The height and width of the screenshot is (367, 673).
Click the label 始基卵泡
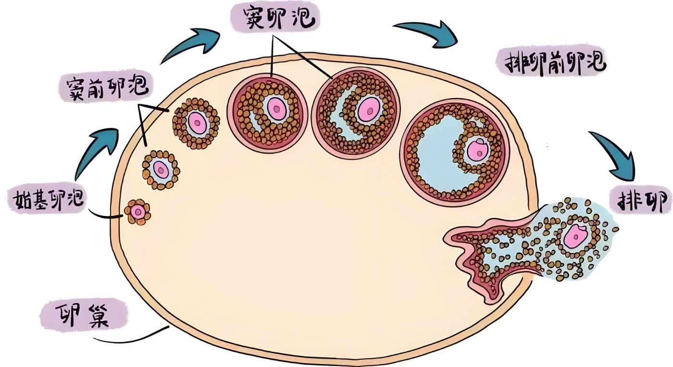47,199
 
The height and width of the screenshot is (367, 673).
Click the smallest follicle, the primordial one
137,212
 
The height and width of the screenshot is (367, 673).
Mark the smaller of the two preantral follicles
161,169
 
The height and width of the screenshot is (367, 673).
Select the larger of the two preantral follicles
196,122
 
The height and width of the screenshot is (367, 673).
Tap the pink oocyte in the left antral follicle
276,109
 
